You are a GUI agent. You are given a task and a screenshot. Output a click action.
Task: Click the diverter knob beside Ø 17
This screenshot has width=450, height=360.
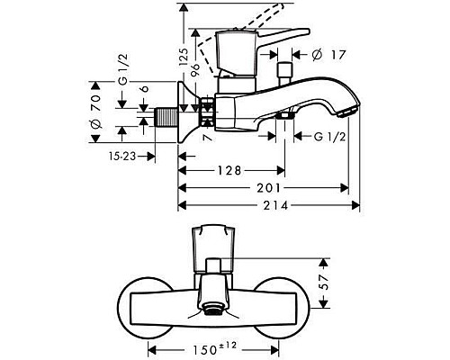(287, 71)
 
